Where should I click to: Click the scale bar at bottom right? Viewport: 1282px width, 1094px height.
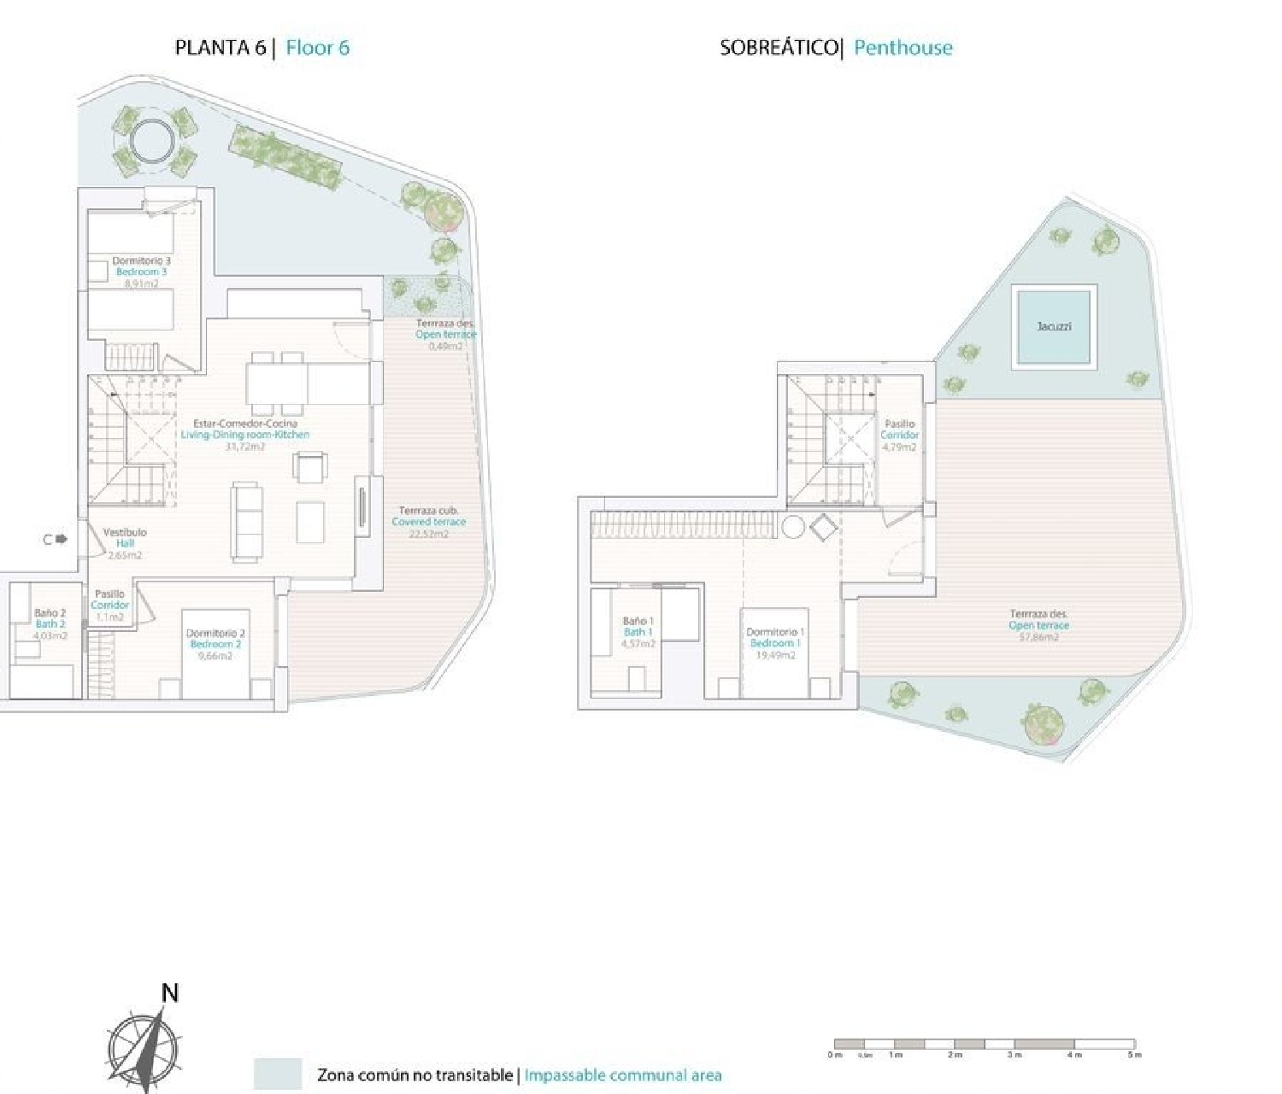tap(985, 1044)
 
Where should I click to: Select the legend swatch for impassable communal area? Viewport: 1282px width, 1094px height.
tap(278, 1074)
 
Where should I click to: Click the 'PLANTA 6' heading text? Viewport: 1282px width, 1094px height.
tap(221, 48)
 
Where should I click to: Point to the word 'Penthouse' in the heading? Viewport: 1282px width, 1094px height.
tap(903, 48)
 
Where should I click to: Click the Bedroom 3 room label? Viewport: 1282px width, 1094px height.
tap(142, 272)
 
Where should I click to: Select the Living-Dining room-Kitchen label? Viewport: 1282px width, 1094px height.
tap(245, 435)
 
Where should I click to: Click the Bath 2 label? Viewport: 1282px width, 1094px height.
tap(50, 624)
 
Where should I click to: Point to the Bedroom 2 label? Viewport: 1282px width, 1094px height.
tap(215, 644)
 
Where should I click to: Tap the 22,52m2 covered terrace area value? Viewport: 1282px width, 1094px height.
tap(429, 534)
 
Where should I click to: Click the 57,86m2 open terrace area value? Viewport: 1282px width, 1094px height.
tap(1038, 636)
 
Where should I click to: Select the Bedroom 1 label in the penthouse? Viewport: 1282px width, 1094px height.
tap(774, 643)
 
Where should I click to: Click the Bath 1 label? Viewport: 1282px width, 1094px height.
tap(638, 632)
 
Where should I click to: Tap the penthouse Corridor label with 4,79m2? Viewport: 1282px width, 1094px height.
tap(899, 435)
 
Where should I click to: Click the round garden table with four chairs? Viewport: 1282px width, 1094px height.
tap(151, 138)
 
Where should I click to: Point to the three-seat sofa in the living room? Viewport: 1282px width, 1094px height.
tap(248, 521)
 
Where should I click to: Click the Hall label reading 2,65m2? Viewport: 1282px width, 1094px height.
tap(125, 543)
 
